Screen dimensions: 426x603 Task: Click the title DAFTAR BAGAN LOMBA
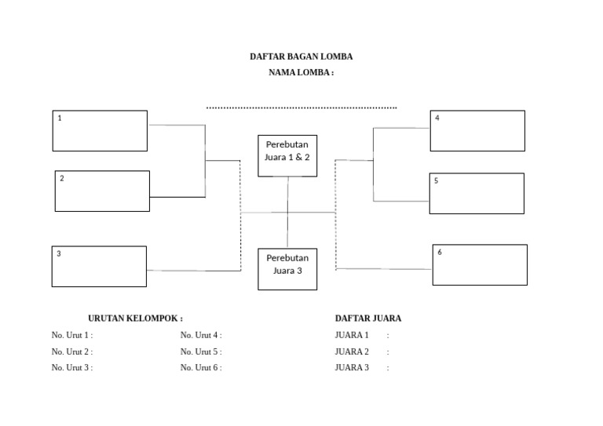301,56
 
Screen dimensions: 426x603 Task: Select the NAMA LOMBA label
301,72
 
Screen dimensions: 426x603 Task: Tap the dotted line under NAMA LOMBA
301,107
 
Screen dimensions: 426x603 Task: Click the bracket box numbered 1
100,130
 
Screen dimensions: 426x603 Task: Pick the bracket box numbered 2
102,191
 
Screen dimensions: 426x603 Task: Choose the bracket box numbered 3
99,267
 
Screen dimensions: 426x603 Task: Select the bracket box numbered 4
477,130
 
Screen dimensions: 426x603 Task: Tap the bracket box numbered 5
477,193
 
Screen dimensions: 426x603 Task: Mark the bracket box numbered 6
480,264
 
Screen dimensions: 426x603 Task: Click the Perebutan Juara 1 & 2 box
287,155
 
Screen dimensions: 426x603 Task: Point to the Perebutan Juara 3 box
287,269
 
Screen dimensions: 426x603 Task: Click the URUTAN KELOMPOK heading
135,319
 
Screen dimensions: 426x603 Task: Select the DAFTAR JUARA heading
368,319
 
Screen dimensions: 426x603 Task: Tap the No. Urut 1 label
72,335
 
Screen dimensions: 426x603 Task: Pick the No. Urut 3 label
72,367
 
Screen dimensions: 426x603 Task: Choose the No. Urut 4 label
201,335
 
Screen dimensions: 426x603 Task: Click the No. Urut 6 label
201,367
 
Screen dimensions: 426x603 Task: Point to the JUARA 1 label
352,335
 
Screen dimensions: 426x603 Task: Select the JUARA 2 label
352,351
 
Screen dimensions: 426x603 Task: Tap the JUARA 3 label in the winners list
352,367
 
